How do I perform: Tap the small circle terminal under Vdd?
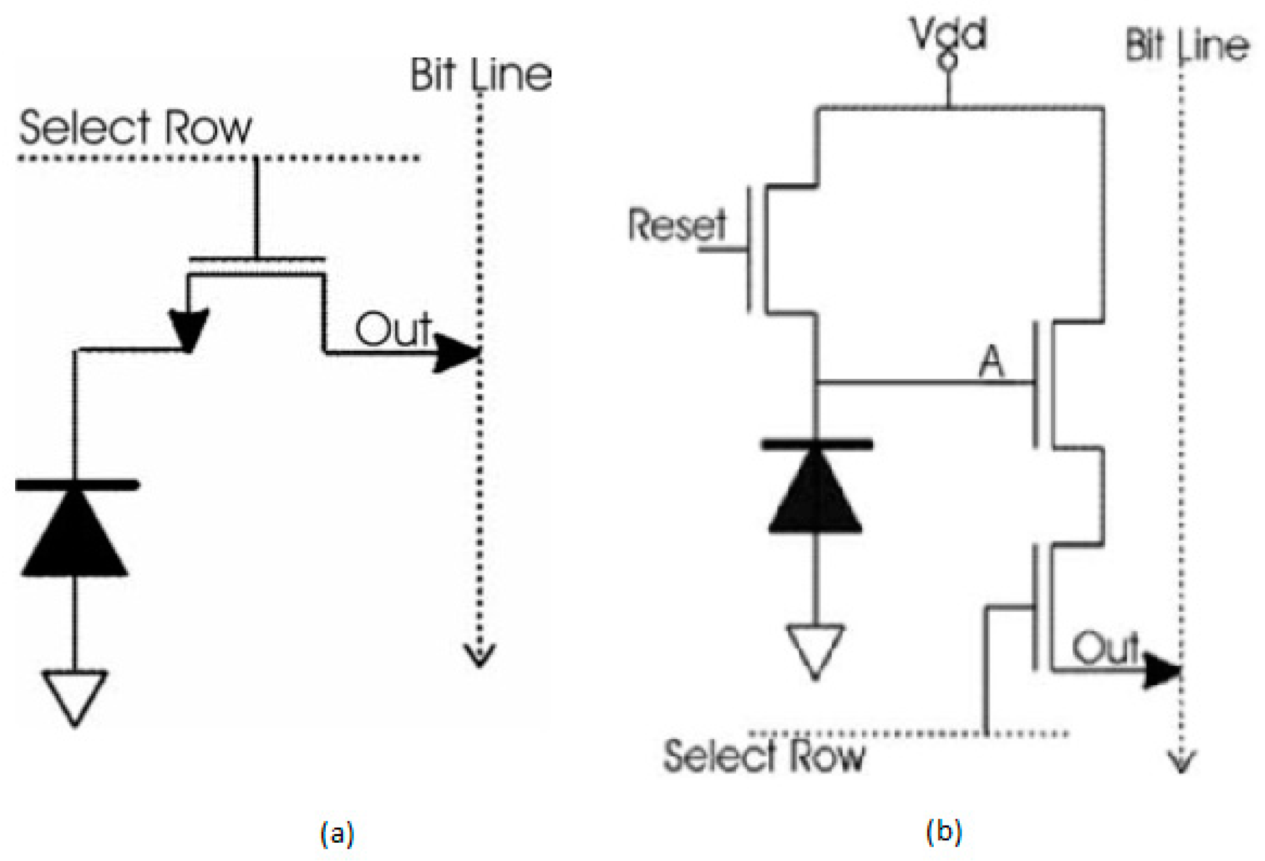pos(949,61)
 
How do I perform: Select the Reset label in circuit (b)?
pos(677,224)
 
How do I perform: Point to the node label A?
pos(991,364)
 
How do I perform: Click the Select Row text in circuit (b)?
pos(763,756)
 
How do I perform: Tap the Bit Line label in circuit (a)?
pos(481,75)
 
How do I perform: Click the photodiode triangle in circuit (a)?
pos(74,535)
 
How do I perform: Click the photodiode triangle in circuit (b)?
pos(815,496)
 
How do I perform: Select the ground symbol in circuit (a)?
pos(75,696)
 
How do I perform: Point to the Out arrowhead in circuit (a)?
pos(456,353)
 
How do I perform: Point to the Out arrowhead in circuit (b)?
pos(1161,671)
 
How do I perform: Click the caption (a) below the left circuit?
pos(337,833)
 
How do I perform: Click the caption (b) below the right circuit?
pos(943,831)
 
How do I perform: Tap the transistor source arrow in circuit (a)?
pos(189,328)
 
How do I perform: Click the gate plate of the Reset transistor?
pos(749,249)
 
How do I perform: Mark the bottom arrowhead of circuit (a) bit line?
pos(480,657)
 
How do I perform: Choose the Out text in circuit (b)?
pos(1105,648)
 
